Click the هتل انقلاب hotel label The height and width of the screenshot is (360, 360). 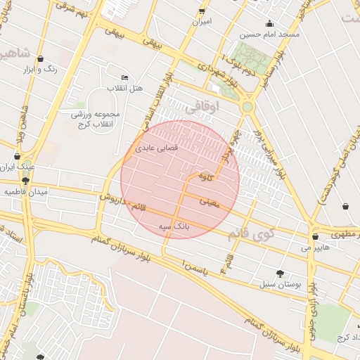[x=124, y=89]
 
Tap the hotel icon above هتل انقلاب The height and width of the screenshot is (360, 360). [x=124, y=77]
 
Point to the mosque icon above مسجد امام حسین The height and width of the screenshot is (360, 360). [x=271, y=23]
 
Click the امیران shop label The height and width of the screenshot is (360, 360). [x=202, y=22]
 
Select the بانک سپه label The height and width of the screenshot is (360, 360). [x=173, y=227]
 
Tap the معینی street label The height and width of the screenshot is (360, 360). [x=210, y=202]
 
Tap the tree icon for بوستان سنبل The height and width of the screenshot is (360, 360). [x=281, y=274]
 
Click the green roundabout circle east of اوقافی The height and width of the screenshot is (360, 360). [x=247, y=107]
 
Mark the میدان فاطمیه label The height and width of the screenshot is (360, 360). [x=25, y=191]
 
